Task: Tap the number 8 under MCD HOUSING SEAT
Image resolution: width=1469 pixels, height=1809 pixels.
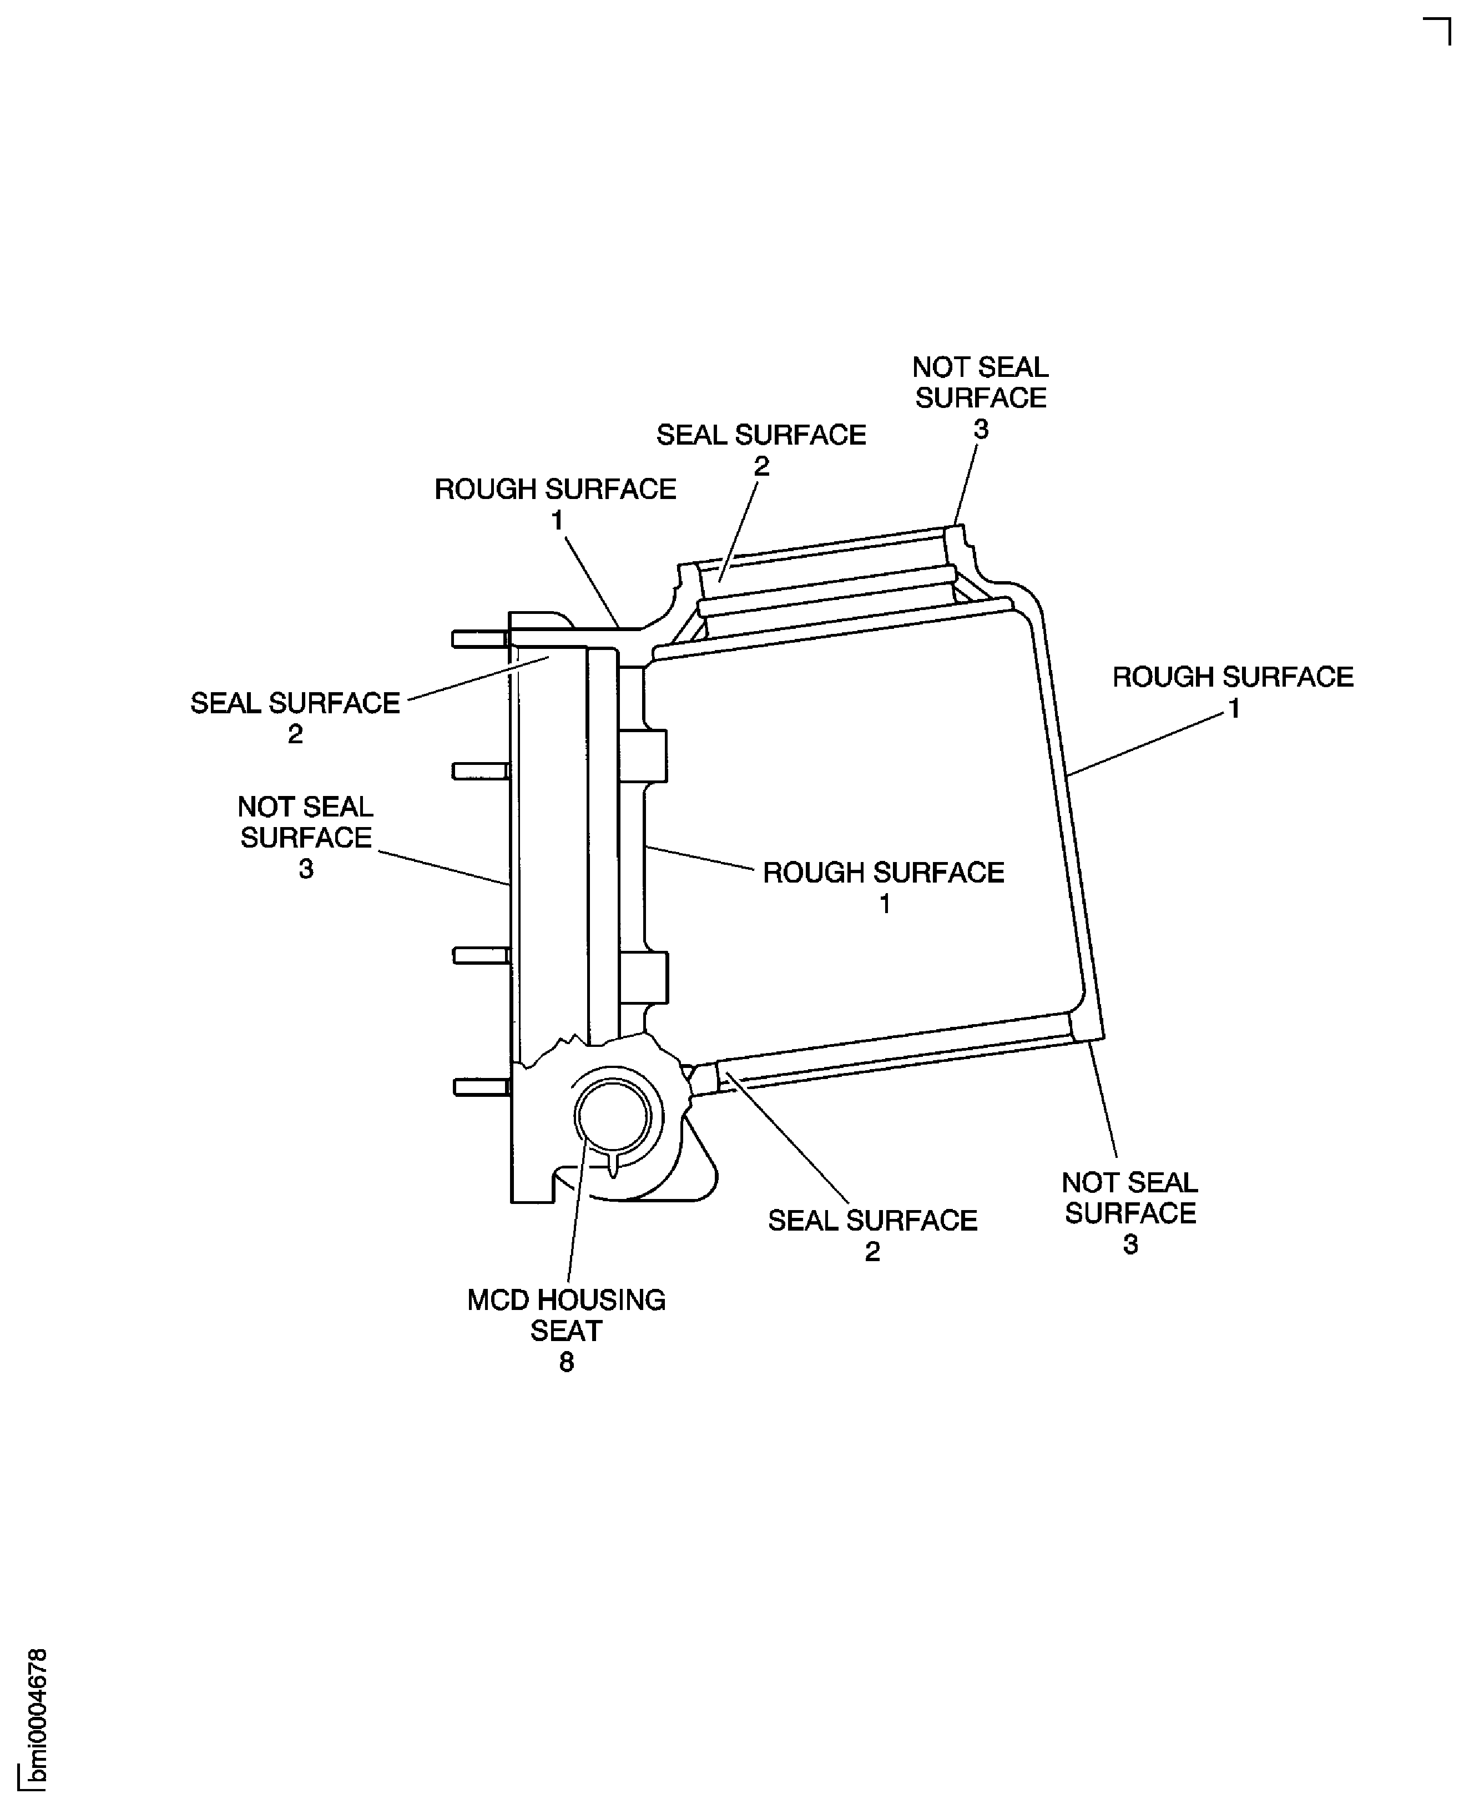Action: (566, 1362)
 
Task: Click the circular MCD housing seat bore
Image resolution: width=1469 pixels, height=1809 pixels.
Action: (613, 1117)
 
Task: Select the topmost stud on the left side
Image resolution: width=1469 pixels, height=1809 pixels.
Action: (479, 639)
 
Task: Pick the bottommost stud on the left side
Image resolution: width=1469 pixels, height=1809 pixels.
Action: (481, 1087)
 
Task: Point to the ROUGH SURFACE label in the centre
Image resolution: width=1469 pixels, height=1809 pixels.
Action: (884, 873)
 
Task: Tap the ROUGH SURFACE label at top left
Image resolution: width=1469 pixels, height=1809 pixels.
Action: (555, 489)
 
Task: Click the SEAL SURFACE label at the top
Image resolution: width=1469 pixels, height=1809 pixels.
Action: (761, 435)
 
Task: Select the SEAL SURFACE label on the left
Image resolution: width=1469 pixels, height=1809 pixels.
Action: (295, 703)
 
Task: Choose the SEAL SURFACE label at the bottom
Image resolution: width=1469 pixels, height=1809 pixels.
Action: (872, 1221)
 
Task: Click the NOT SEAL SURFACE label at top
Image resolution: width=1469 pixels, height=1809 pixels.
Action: (980, 382)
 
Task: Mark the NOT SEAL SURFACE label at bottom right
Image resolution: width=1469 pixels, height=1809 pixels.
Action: (1130, 1198)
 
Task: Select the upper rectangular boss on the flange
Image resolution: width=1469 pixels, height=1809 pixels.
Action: (643, 755)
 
